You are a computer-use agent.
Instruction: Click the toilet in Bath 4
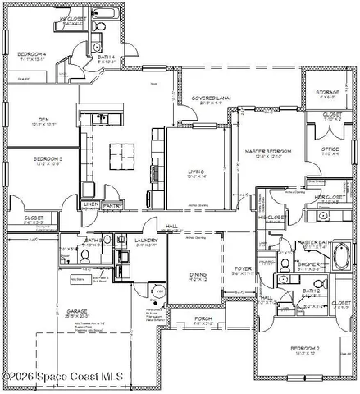point(98,28)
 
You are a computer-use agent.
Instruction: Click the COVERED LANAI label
point(211,98)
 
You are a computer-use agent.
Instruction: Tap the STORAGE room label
point(328,93)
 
